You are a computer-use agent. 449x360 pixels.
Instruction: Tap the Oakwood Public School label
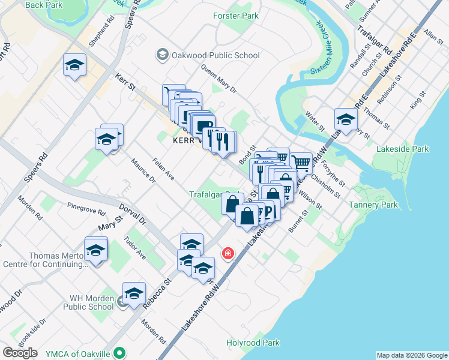(x=208, y=56)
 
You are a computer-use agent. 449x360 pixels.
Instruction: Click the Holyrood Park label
(x=253, y=343)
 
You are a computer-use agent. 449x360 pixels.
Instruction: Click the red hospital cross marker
(x=228, y=253)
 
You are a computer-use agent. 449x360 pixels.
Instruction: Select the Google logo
(x=20, y=352)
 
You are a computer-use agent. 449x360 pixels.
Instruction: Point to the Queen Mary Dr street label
(x=219, y=79)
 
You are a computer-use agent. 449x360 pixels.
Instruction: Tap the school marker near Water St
(x=346, y=119)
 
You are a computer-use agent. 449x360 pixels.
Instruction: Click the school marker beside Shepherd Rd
(x=74, y=64)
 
